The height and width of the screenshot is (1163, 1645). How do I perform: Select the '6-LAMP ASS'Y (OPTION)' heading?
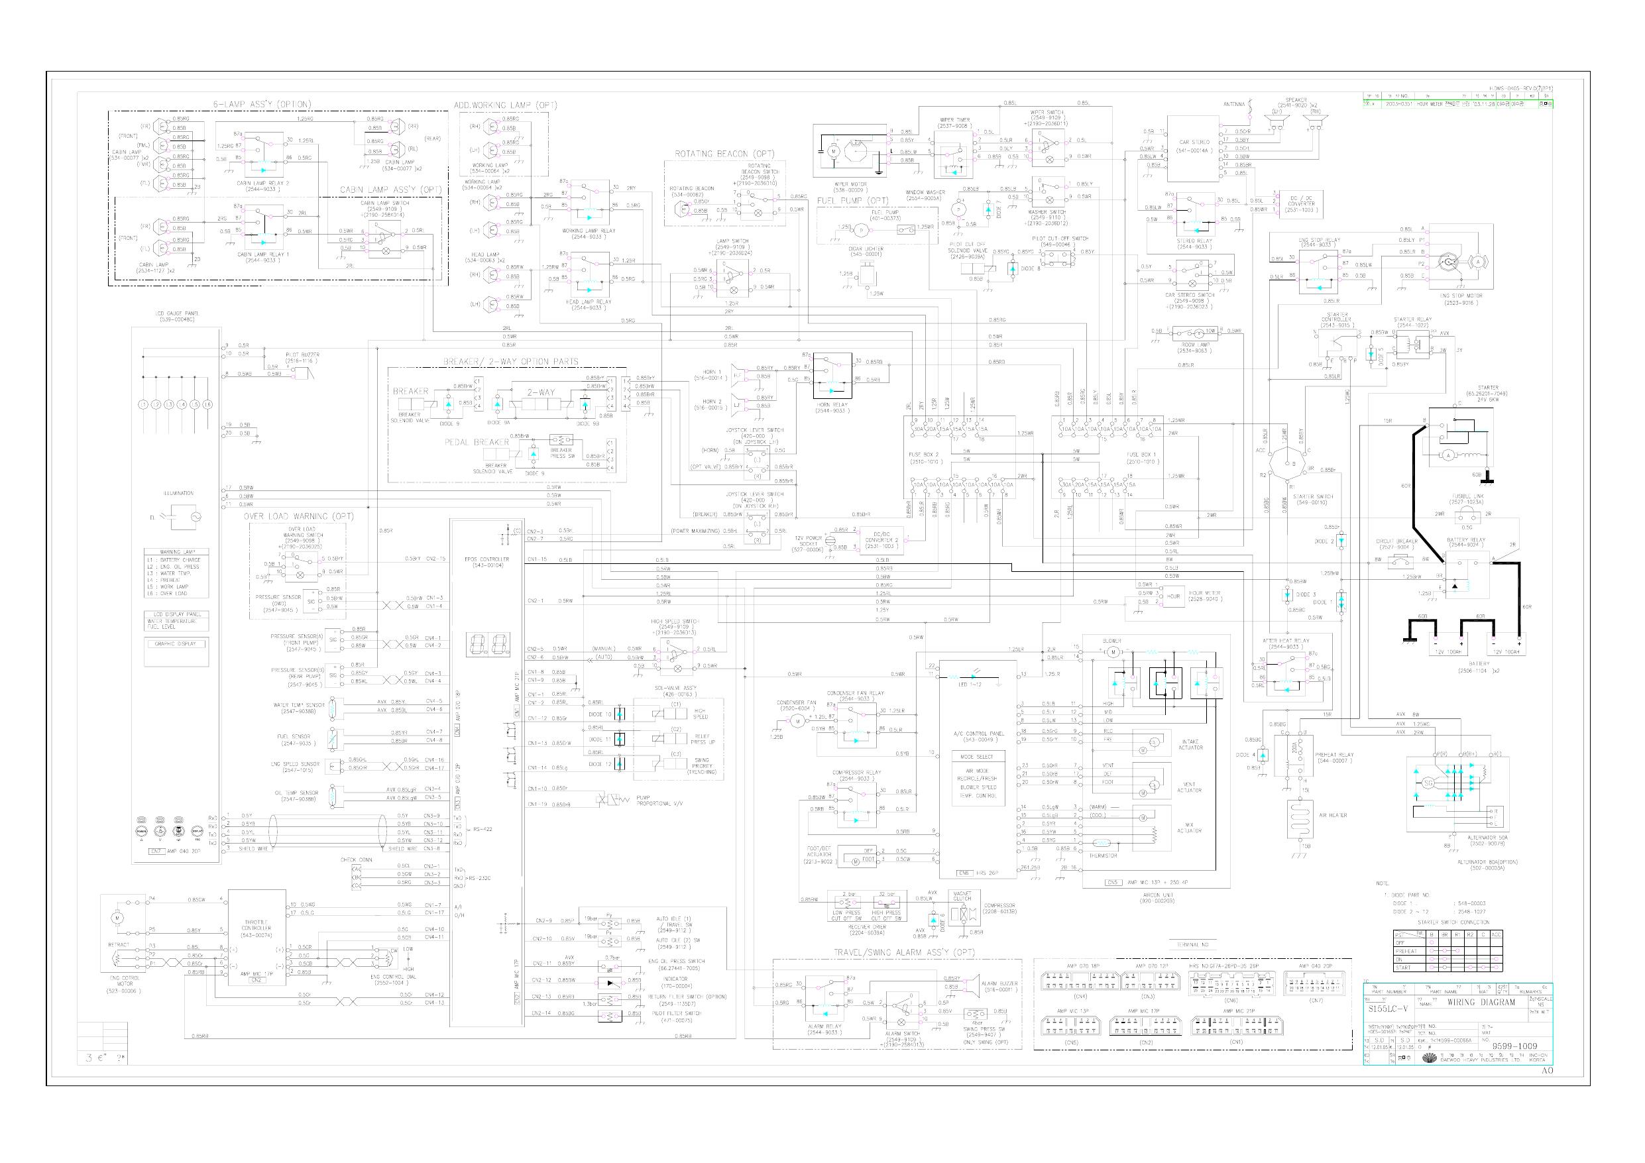[x=262, y=105]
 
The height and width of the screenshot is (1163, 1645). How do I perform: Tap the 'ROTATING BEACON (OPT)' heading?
[x=724, y=153]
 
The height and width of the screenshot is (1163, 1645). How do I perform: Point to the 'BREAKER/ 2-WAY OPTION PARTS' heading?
[x=510, y=361]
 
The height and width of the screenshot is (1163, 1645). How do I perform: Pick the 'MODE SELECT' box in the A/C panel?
[x=977, y=757]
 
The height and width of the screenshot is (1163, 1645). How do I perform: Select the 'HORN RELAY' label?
[x=832, y=404]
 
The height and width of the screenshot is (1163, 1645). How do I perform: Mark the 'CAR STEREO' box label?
[x=1194, y=142]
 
